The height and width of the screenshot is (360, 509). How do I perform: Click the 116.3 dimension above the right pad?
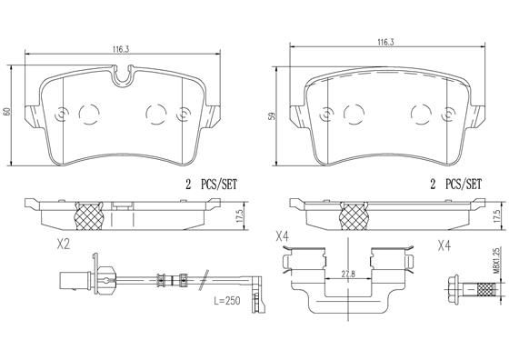click(x=384, y=42)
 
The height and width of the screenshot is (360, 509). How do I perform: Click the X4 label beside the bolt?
click(x=445, y=245)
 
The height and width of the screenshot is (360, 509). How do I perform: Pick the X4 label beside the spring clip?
click(x=283, y=238)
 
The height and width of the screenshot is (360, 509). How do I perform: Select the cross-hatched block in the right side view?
click(x=351, y=216)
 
